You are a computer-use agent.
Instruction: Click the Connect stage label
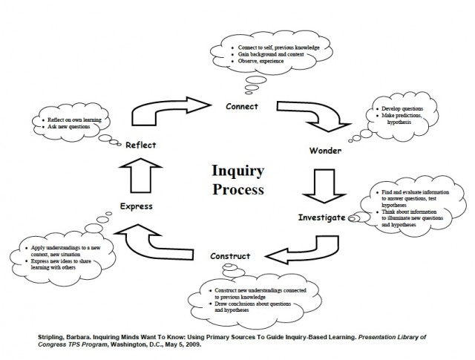point(242,106)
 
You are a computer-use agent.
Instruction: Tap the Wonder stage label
point(325,151)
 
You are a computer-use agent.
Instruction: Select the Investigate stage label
point(322,217)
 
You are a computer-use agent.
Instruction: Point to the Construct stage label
point(230,256)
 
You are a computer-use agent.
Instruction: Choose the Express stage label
point(136,206)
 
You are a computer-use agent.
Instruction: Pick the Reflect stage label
point(140,145)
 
